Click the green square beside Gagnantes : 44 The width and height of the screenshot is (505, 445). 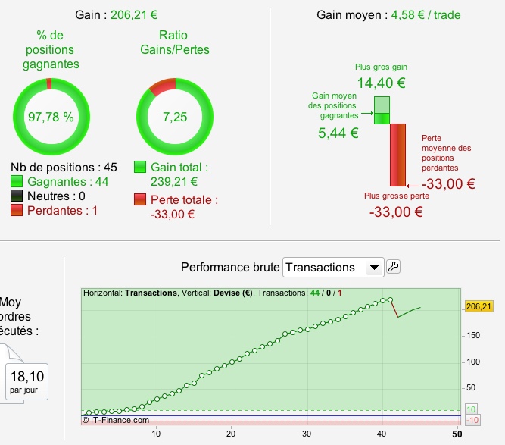point(17,182)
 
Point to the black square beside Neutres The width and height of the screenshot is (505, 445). point(17,196)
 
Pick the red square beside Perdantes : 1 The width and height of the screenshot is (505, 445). point(17,211)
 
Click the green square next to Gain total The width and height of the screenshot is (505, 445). point(140,167)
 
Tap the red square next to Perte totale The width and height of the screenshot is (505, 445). point(140,200)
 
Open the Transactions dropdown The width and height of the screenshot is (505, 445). point(333,267)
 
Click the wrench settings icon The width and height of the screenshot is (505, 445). point(393,266)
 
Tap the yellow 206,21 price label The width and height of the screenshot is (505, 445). point(478,306)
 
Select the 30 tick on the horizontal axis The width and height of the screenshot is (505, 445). point(306,434)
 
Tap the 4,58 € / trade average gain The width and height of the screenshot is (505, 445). point(426,15)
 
